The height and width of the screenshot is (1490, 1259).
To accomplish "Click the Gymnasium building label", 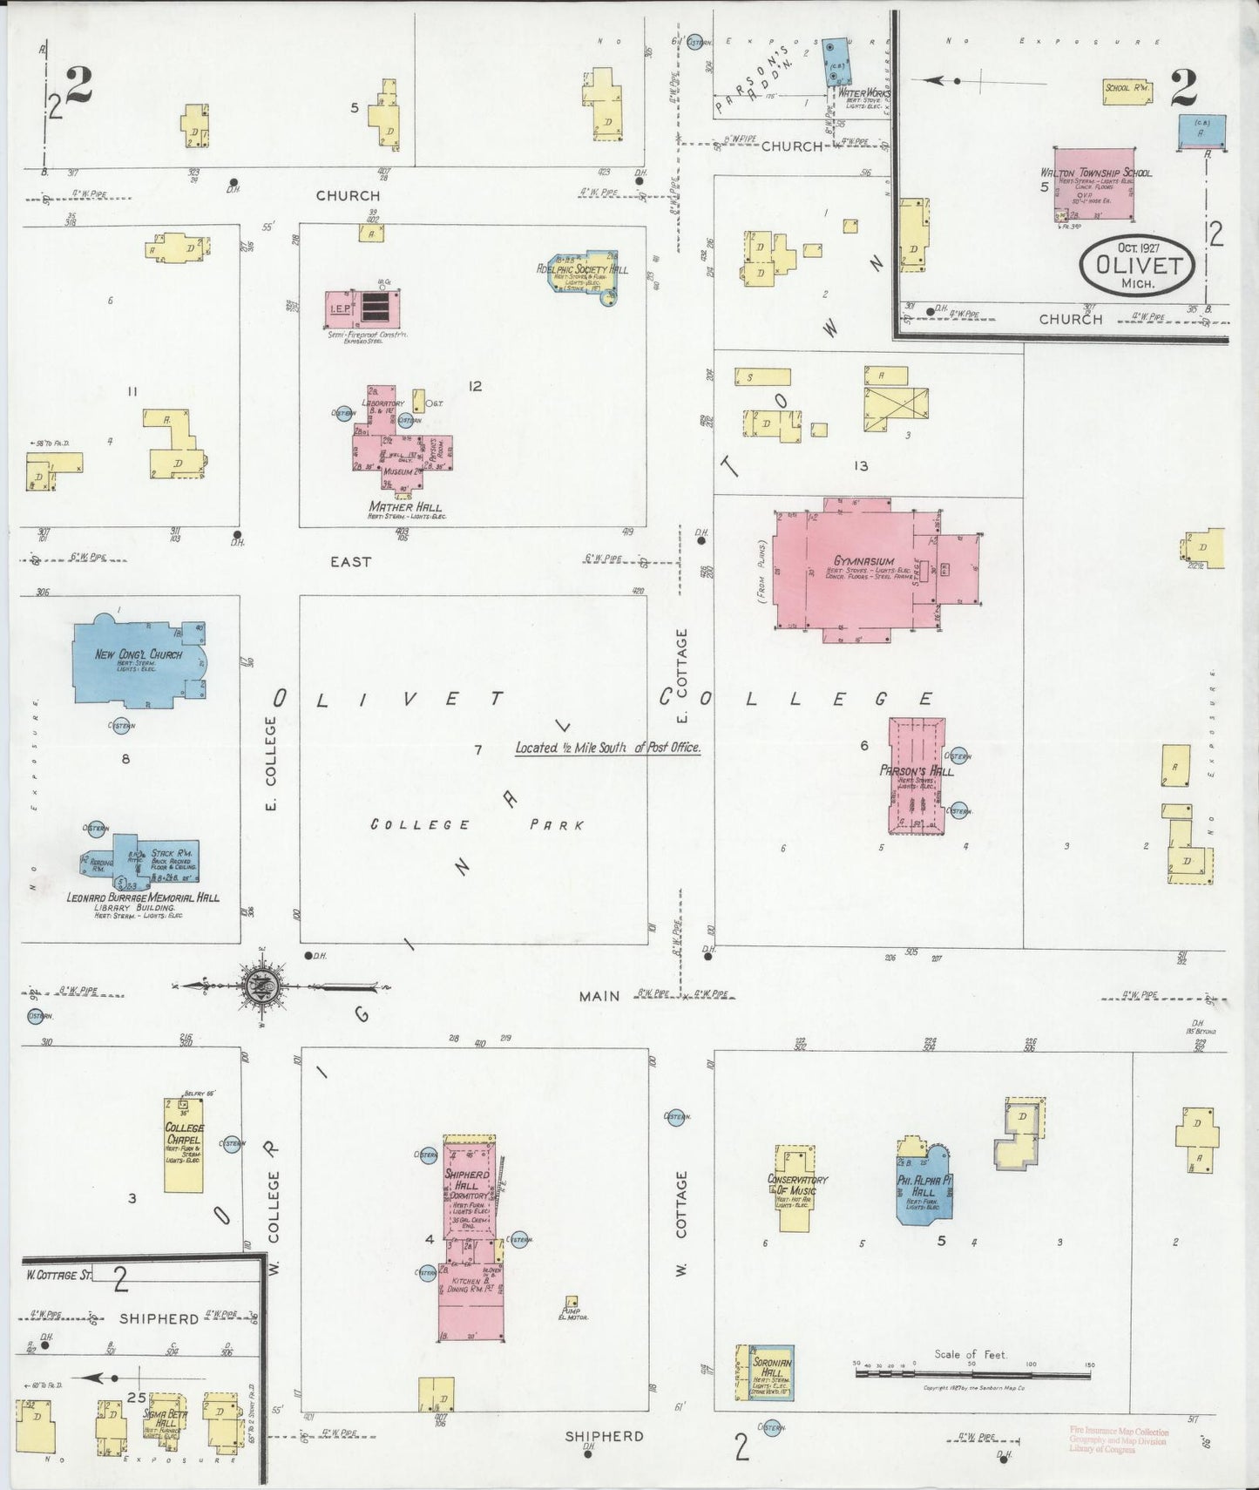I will point(851,561).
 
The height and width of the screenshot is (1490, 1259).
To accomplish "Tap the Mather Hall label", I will point(404,507).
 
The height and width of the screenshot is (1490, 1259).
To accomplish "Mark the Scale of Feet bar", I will point(972,1374).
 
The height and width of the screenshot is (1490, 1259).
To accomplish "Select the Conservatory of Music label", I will point(797,1184).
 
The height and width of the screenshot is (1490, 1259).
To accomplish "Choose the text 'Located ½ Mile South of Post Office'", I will point(607,748).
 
